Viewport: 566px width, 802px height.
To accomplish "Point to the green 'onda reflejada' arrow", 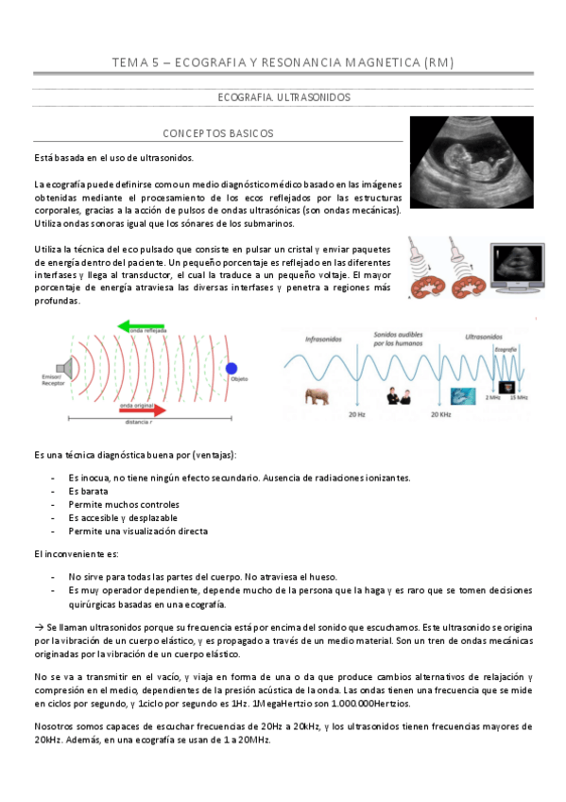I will click(x=151, y=327).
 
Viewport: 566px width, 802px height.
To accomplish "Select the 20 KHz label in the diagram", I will click(x=441, y=414).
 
